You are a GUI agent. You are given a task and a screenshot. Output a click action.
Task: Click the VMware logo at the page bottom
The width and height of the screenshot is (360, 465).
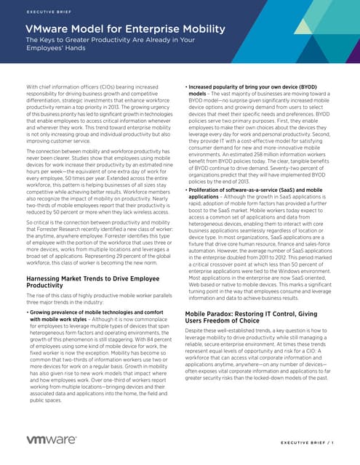52,441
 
